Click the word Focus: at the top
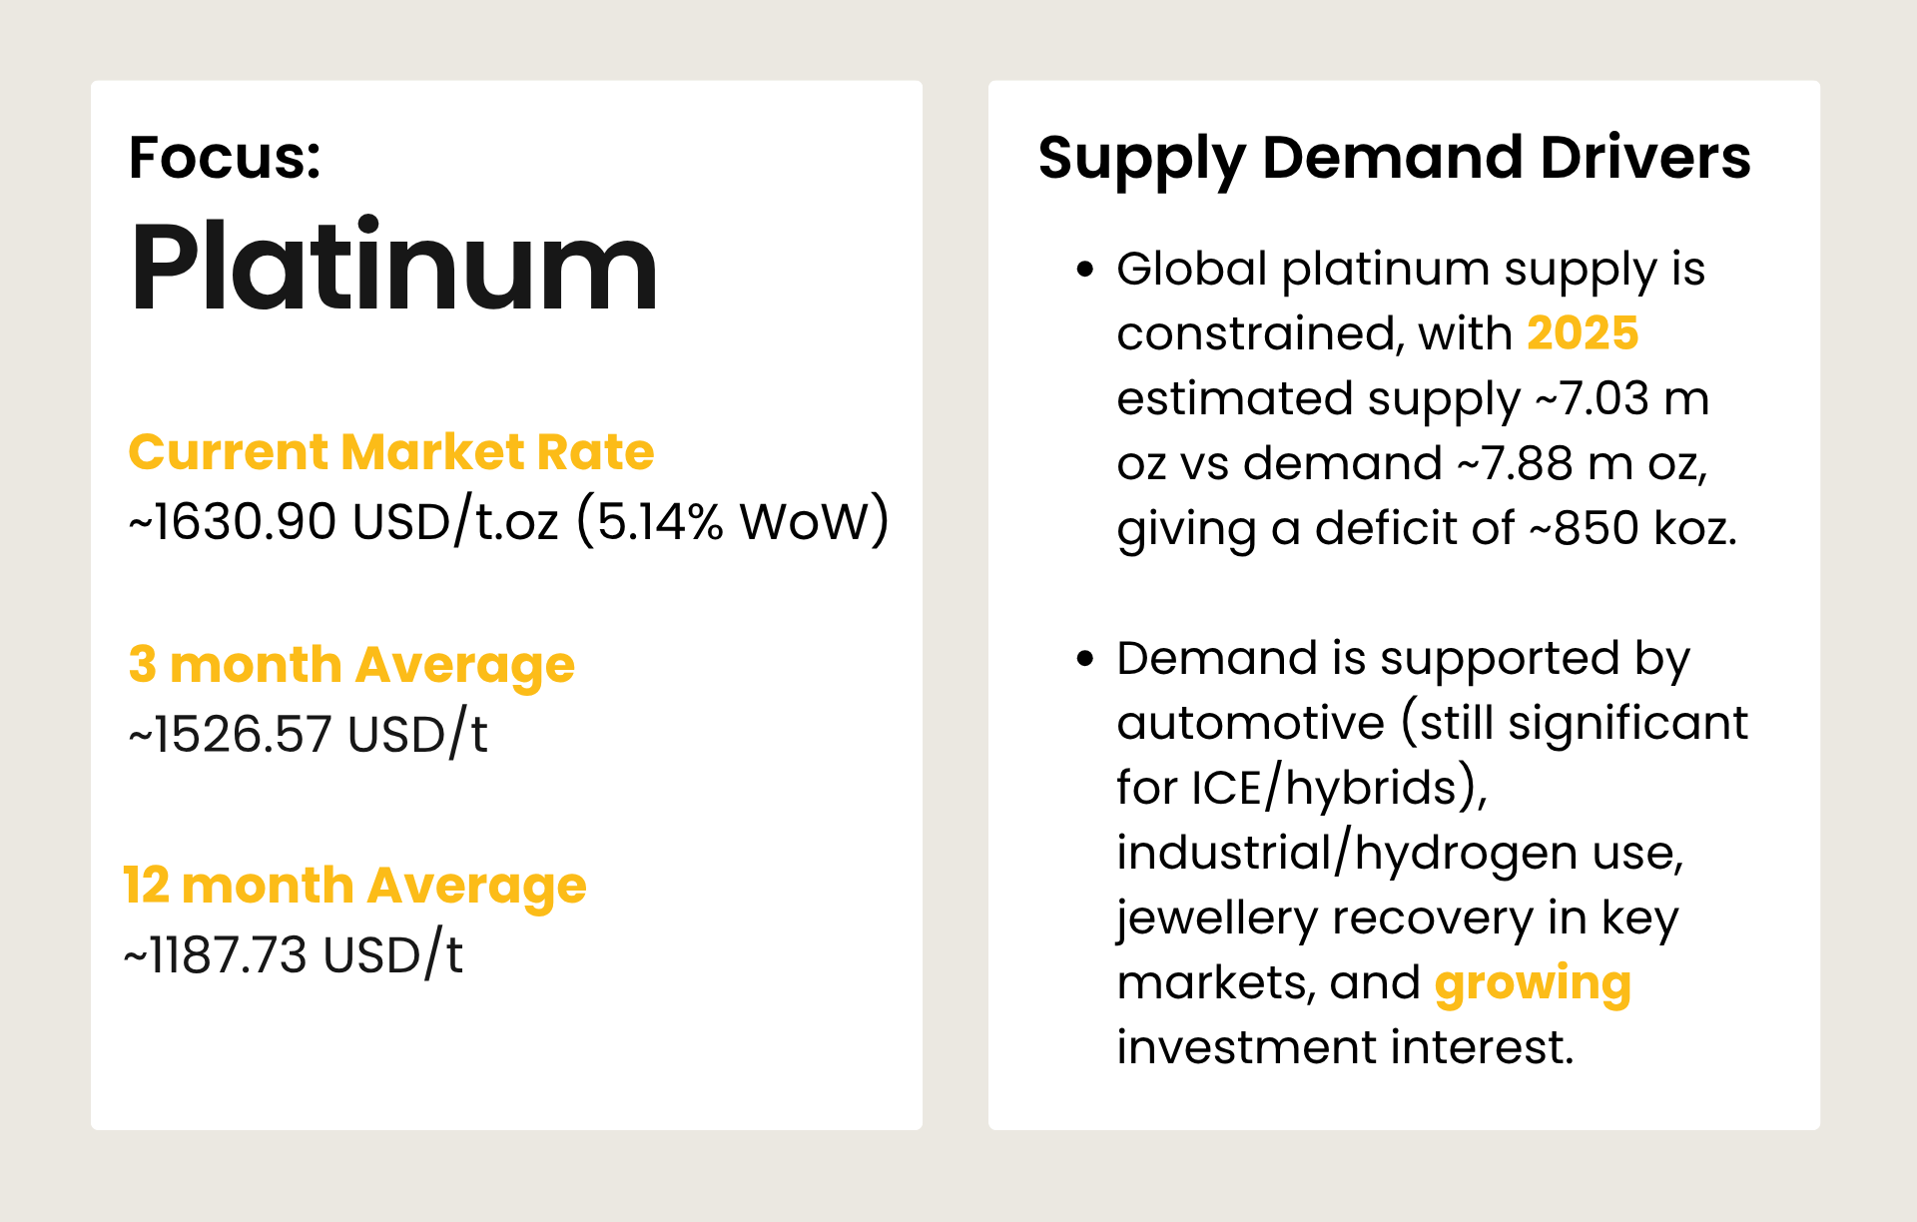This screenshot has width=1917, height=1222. pos(225,158)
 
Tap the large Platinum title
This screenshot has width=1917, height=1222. pos(393,268)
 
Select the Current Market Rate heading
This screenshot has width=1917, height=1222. pos(390,451)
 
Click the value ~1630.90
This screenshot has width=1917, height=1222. pos(233,521)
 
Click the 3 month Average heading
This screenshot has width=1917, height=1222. pos(351,665)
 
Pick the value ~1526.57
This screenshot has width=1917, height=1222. pos(230,735)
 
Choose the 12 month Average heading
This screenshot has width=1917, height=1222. pos(354,886)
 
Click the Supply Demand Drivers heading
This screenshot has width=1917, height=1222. pos(1394,158)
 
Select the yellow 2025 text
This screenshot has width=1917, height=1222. pos(1583,333)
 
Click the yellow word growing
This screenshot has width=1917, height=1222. pos(1533,983)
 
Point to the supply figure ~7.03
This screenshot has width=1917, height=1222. pos(1592,398)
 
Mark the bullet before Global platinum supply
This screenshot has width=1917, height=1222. pos(1085,270)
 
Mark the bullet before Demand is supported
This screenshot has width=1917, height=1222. pos(1085,659)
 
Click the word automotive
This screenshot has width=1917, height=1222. pos(1250,723)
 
